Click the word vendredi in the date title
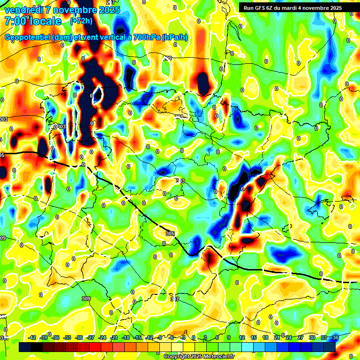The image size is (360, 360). (23, 10)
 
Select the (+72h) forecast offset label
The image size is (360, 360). (81, 21)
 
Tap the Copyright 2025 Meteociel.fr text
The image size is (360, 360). (199, 356)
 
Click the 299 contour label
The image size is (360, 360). (167, 58)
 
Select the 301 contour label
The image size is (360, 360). (179, 117)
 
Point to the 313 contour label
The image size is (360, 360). (180, 181)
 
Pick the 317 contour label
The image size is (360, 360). (174, 299)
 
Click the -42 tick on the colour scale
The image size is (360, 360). (32, 337)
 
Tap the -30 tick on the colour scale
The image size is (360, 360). (79, 337)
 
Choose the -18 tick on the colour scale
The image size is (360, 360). (125, 337)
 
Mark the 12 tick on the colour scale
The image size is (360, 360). (242, 337)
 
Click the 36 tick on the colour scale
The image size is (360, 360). (335, 337)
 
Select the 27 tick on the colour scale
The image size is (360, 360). (300, 337)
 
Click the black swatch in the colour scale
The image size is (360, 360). (37, 347)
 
